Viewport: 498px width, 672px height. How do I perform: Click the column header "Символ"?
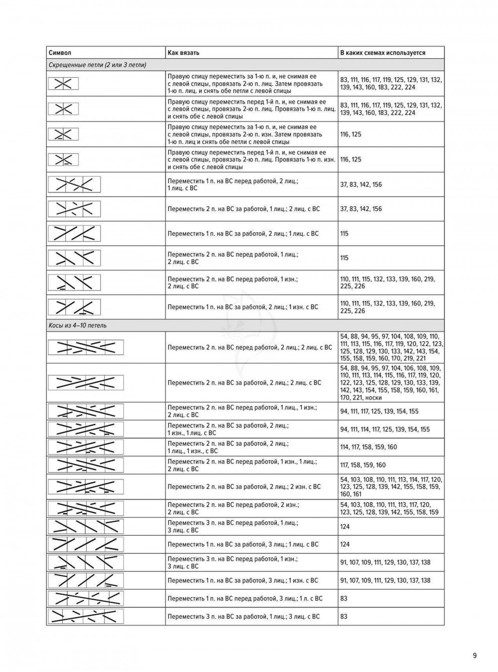click(x=60, y=53)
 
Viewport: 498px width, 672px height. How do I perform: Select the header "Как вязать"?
click(x=184, y=53)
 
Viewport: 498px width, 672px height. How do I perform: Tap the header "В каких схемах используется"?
click(x=382, y=53)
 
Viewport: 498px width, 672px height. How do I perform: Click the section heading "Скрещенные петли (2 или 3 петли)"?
click(x=97, y=65)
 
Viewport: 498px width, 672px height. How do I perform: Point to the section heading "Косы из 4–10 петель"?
click(x=78, y=325)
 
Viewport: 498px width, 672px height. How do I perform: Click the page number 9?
click(x=475, y=656)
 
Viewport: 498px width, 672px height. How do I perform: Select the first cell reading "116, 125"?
click(x=351, y=134)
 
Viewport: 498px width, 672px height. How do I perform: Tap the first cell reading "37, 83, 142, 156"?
click(x=361, y=184)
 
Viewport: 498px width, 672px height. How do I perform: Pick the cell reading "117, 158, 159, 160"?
click(x=363, y=465)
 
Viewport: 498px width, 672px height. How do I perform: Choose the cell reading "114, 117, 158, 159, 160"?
click(x=369, y=447)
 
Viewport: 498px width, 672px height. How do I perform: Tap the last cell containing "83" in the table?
click(x=344, y=616)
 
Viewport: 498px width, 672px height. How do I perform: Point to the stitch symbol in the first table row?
click(x=63, y=84)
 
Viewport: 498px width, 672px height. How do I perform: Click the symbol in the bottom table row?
click(x=85, y=616)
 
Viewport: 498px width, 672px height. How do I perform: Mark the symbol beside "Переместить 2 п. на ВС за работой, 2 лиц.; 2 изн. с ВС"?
click(x=85, y=487)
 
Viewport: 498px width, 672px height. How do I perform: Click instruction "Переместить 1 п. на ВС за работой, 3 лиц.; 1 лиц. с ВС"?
click(x=243, y=544)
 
